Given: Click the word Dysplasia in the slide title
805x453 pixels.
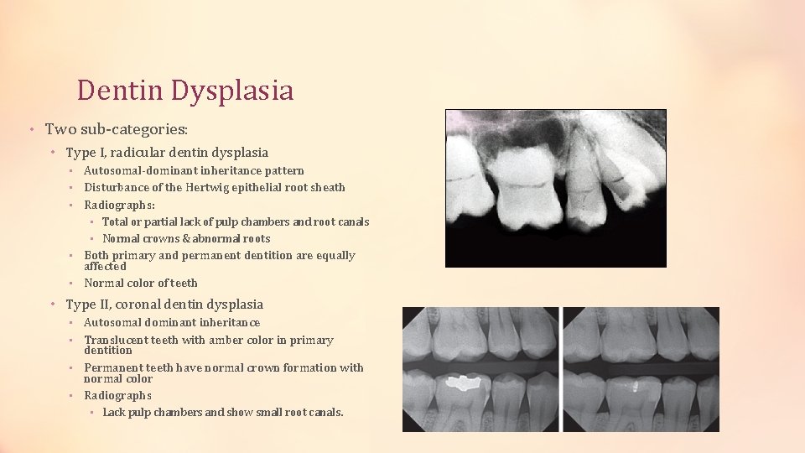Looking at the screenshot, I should (x=233, y=91).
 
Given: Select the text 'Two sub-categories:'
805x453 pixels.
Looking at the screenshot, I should (x=117, y=129).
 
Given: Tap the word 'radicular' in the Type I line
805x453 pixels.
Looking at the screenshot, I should (x=151, y=153).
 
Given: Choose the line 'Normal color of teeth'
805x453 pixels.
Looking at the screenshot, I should (x=141, y=283).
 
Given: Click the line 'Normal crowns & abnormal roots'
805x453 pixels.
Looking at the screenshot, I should (x=186, y=238).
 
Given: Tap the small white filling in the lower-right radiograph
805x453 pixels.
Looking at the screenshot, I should (x=635, y=388).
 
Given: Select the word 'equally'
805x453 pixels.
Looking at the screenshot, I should (x=335, y=255).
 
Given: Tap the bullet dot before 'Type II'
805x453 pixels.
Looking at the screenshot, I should (x=52, y=305).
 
